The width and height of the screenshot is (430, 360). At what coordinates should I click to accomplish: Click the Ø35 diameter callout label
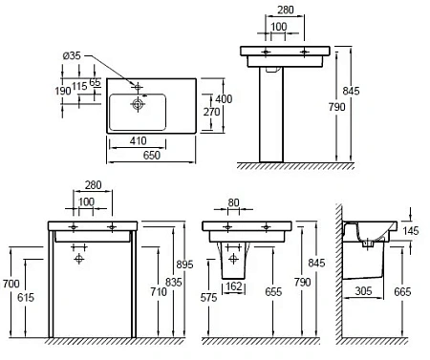pyautogui.click(x=72, y=55)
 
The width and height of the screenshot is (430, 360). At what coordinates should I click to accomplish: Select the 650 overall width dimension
pyautogui.click(x=152, y=156)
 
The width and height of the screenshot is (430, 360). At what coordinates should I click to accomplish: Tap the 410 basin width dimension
pyautogui.click(x=139, y=140)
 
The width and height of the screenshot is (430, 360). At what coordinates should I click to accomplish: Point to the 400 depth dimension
pyautogui.click(x=224, y=99)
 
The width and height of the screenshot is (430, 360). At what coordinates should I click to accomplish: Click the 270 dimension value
pyautogui.click(x=212, y=112)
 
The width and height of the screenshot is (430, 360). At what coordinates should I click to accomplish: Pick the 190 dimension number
pyautogui.click(x=63, y=91)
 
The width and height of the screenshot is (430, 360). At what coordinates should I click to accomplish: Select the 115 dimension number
pyautogui.click(x=79, y=86)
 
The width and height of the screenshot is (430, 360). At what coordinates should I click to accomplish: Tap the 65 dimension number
pyautogui.click(x=95, y=82)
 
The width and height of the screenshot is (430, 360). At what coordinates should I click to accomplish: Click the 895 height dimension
pyautogui.click(x=184, y=265)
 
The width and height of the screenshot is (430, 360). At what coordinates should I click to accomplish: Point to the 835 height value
pyautogui.click(x=174, y=282)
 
